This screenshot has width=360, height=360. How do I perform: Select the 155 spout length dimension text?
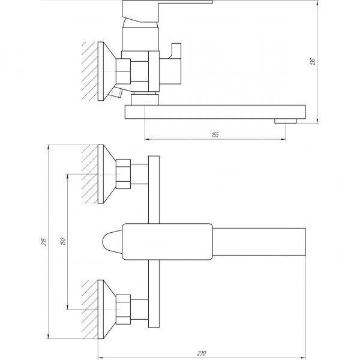tap(215, 135)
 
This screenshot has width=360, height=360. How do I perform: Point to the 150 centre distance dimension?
tap(63, 241)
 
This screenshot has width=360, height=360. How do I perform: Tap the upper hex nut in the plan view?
tap(125, 174)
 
